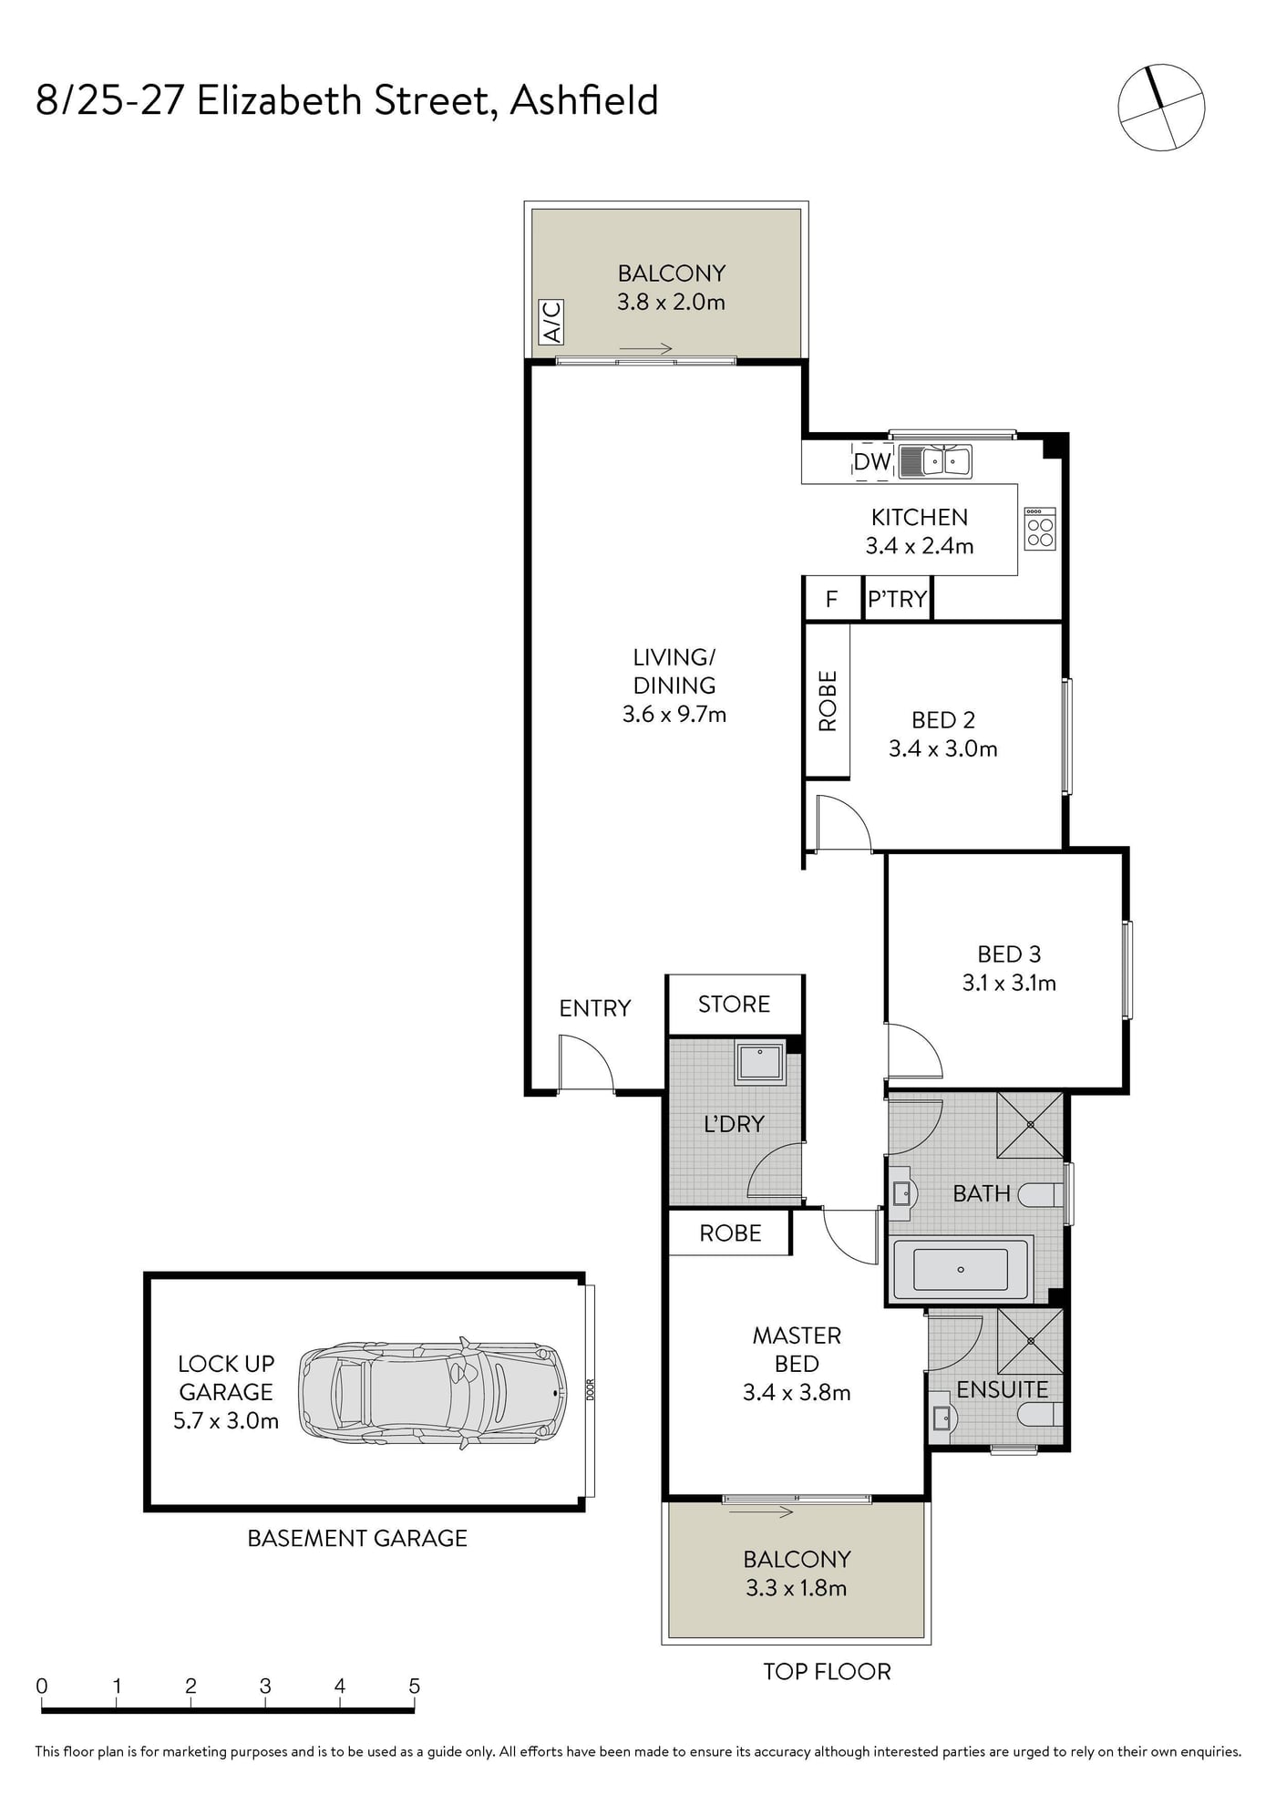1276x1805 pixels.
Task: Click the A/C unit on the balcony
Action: [552, 322]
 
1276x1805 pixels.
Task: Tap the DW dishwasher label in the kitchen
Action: [872, 461]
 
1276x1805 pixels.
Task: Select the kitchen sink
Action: [935, 461]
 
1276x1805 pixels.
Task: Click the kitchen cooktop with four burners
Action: [1040, 529]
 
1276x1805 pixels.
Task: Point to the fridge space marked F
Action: [831, 599]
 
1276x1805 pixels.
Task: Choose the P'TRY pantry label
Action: [897, 599]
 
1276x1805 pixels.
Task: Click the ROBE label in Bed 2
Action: [828, 701]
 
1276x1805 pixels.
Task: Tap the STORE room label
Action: [734, 1004]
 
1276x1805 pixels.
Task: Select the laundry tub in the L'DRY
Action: [760, 1061]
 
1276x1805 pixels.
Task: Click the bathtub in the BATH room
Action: [962, 1269]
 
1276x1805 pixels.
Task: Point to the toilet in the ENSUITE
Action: [1040, 1415]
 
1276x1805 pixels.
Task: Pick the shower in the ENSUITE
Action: [1031, 1341]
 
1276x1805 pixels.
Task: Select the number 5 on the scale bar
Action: [415, 1686]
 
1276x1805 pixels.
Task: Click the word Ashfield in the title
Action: [584, 100]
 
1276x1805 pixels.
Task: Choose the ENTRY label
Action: [595, 1008]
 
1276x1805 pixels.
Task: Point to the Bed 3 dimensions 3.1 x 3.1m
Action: [1009, 983]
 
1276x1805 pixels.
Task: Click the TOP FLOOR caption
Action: [827, 1671]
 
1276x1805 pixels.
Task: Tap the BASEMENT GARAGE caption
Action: [357, 1538]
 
